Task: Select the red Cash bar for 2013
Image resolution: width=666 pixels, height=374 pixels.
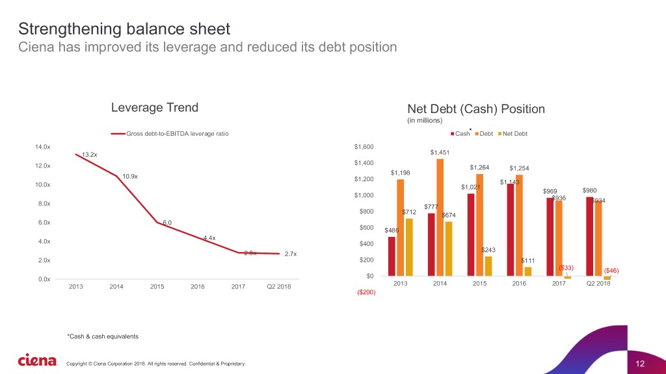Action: coord(392,256)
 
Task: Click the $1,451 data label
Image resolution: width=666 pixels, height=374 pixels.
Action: coord(440,153)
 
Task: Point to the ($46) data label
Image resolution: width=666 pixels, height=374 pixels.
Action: coord(611,270)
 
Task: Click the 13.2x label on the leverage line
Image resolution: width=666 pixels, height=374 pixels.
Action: coord(90,155)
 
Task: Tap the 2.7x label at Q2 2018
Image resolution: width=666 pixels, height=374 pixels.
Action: coord(290,254)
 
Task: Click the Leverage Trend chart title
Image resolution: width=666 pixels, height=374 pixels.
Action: coord(154,107)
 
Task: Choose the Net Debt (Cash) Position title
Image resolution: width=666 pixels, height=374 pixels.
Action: coord(472,109)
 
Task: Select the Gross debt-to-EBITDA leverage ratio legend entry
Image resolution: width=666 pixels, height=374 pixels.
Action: coord(170,134)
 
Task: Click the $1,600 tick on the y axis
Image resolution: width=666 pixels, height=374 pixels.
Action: coord(364,147)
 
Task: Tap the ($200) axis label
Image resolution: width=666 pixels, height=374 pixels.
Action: coord(365,292)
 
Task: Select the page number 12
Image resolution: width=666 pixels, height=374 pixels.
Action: coord(639,362)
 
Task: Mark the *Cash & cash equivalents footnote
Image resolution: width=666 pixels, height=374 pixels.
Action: coord(102,336)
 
